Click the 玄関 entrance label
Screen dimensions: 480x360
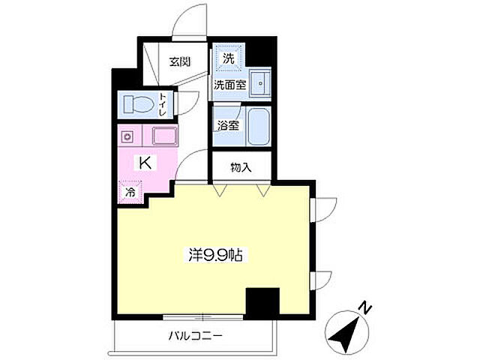coord(180,62)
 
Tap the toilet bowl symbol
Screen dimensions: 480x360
coord(138,104)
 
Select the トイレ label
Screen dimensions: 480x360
coord(162,105)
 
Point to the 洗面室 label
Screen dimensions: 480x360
coord(229,85)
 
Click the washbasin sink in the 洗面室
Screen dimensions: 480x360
coord(260,83)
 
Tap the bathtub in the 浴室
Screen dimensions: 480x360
coord(259,127)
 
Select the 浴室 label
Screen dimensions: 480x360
coord(228,125)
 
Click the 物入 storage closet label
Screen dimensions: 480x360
coord(241,167)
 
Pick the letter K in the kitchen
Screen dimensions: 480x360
coord(145,163)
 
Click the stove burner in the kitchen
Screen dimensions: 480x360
coord(127,136)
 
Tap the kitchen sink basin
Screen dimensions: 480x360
coord(165,136)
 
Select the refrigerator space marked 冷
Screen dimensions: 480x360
coord(130,192)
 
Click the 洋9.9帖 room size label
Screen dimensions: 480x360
coord(215,255)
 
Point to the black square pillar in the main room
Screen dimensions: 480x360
coord(262,301)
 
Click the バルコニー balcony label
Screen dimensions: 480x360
coord(195,337)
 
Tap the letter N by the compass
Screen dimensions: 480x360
coord(364,307)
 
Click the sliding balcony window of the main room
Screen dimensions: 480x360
coord(202,317)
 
